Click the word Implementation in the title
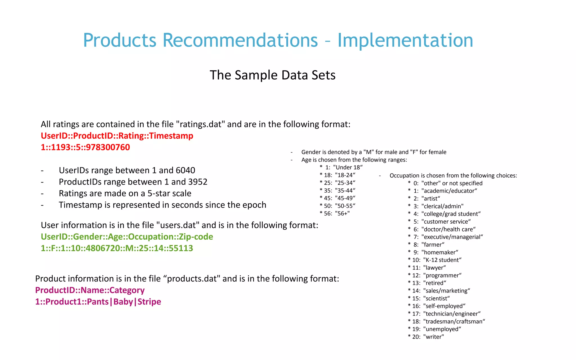coord(405,40)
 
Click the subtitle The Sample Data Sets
coord(273,75)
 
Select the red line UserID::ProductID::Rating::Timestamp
coord(117,136)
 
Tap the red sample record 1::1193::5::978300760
coord(85,147)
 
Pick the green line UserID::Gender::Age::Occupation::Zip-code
coord(127,237)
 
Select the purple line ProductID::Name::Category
coord(90,290)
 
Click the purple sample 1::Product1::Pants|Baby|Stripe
coord(98,302)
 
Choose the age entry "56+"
coord(342,213)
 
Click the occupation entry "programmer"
coord(442,275)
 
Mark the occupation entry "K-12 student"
coord(442,260)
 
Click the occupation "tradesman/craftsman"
coord(454,321)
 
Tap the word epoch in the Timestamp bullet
coord(253,205)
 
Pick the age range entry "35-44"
coord(345,190)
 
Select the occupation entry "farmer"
coord(433,245)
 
